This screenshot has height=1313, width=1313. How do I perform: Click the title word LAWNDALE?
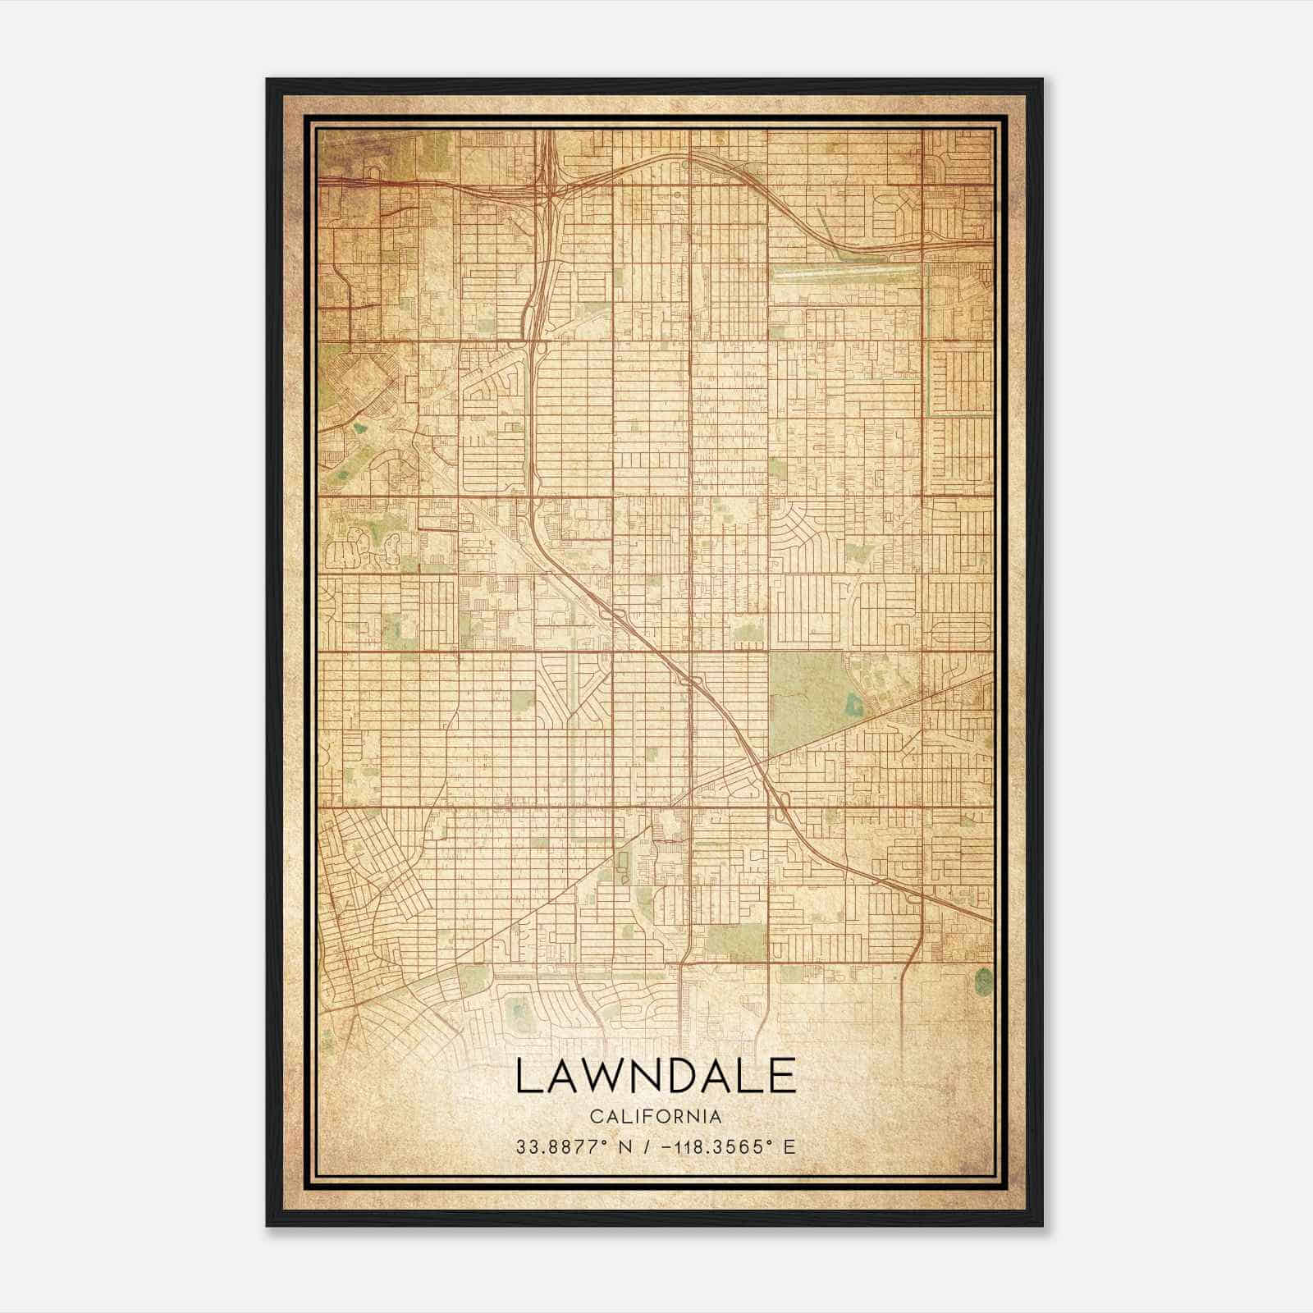click(x=656, y=1076)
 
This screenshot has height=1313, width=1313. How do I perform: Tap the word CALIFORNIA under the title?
click(x=656, y=1117)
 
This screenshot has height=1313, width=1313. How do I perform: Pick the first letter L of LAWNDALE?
click(x=525, y=1076)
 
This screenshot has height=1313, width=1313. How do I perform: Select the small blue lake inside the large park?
click(x=851, y=704)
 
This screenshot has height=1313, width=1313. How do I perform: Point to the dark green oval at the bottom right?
click(x=983, y=978)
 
